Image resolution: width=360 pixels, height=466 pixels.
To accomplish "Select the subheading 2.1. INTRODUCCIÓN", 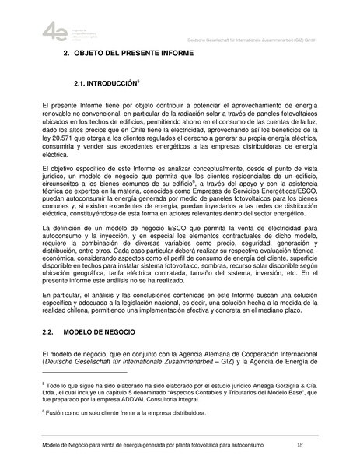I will point(104,82).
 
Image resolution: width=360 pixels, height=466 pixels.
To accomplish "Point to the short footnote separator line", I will point(76,373).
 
